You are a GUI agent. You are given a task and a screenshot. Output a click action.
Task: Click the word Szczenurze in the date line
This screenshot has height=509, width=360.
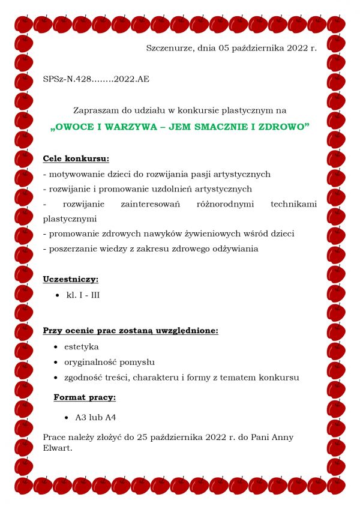tap(169, 47)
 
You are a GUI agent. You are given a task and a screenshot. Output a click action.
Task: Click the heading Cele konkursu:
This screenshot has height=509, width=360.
tap(76, 159)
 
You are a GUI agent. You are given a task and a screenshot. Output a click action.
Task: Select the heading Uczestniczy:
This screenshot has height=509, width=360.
tap(71, 279)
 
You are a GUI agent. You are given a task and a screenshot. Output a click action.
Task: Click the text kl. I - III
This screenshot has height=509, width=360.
tap(83, 295)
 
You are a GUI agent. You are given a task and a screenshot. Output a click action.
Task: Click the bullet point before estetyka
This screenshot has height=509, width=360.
tap(56, 347)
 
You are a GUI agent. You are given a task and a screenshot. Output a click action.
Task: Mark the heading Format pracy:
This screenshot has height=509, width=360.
tap(85, 397)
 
